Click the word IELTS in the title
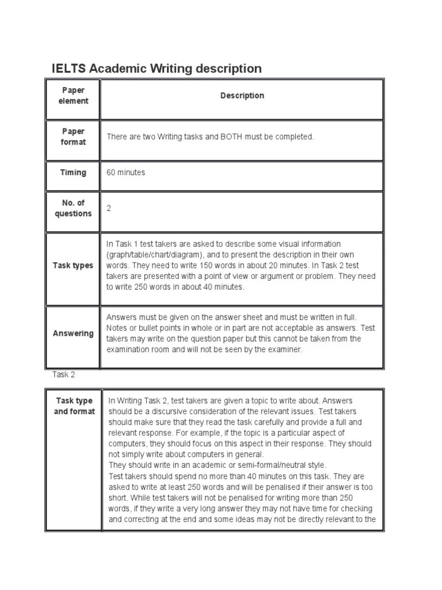click(68, 69)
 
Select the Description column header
click(242, 96)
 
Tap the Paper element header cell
click(73, 96)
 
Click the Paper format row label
click(73, 137)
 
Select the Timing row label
click(73, 172)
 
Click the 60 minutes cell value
click(125, 172)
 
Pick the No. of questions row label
click(73, 208)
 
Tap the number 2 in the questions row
click(109, 208)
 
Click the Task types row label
click(73, 266)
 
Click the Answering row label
click(73, 333)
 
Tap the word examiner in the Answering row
click(285, 350)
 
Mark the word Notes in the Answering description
click(117, 328)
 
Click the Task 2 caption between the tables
click(64, 375)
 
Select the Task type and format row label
click(74, 406)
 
